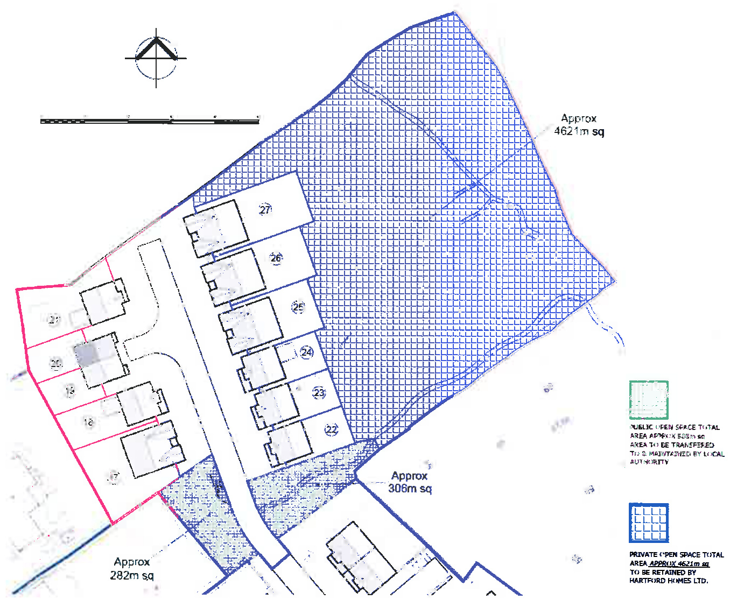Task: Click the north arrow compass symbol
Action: pyautogui.click(x=156, y=58)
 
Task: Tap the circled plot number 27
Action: pyautogui.click(x=265, y=210)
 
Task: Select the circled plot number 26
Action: pyautogui.click(x=276, y=258)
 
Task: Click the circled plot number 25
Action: pyautogui.click(x=298, y=307)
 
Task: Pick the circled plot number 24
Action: pyautogui.click(x=307, y=352)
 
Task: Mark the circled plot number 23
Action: pyautogui.click(x=319, y=393)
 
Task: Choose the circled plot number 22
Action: pyautogui.click(x=331, y=429)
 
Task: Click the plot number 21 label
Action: pyautogui.click(x=54, y=320)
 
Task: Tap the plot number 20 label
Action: pyautogui.click(x=57, y=364)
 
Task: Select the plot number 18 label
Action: pyautogui.click(x=88, y=422)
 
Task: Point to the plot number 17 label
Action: pyautogui.click(x=114, y=477)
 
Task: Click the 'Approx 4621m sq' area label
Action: pyautogui.click(x=579, y=125)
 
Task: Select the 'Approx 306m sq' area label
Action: pyautogui.click(x=410, y=482)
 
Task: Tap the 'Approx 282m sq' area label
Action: pyautogui.click(x=132, y=569)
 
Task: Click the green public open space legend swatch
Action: pyautogui.click(x=649, y=400)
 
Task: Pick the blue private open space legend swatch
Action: pyautogui.click(x=649, y=523)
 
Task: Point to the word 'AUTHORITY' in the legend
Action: pyautogui.click(x=649, y=462)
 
